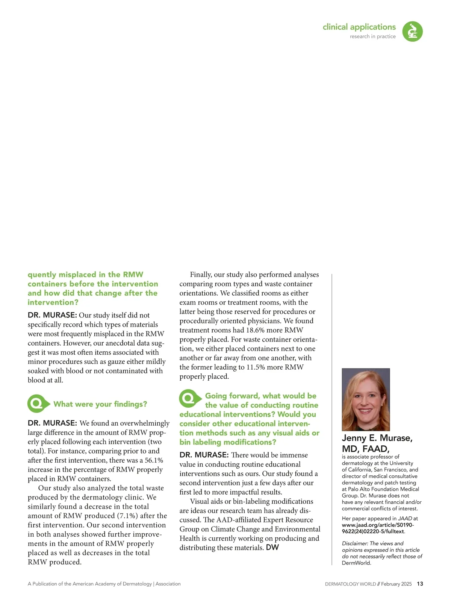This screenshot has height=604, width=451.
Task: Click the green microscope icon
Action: tap(412, 31)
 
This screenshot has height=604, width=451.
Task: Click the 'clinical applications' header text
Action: tap(359, 27)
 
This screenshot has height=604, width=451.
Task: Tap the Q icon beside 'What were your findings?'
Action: tap(38, 404)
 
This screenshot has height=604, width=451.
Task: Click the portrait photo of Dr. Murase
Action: tap(366, 399)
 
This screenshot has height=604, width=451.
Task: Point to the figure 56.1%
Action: tap(154, 460)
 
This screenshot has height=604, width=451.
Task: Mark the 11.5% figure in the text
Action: tap(256, 367)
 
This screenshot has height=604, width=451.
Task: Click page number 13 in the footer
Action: tap(420, 584)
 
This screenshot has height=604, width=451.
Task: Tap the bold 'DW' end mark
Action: tap(272, 548)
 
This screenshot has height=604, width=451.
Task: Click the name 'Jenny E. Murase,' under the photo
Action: tap(377, 438)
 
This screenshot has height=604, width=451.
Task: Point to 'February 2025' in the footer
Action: tap(396, 584)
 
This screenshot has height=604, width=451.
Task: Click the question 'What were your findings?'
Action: tap(100, 404)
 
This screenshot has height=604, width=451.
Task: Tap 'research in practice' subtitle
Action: tap(372, 36)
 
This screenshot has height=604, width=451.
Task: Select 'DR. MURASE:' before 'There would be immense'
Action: tap(204, 455)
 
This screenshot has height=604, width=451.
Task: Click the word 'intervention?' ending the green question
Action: tap(53, 302)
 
